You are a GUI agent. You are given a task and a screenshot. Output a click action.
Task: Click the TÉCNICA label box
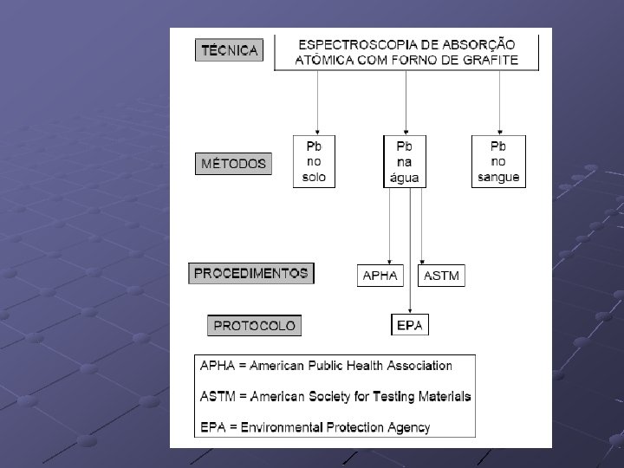coord(229,50)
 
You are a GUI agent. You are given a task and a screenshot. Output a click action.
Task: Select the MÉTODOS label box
coord(233,164)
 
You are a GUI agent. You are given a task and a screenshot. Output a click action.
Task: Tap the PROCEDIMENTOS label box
coord(250,274)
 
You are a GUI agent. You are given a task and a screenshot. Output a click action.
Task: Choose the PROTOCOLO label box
coord(254,326)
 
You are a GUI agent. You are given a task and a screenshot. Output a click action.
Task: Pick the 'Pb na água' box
coord(406,160)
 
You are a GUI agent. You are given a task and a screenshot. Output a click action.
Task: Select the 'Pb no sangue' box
coord(498,160)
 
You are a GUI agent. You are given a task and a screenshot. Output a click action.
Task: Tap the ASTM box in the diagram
coord(441,276)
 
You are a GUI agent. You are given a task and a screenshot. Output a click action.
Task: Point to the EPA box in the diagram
coord(409,326)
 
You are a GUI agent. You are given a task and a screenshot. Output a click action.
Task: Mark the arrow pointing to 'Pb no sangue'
coord(498,104)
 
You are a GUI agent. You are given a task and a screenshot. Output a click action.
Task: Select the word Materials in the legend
coord(439,396)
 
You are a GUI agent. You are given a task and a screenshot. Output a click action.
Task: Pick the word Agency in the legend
coord(409,427)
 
